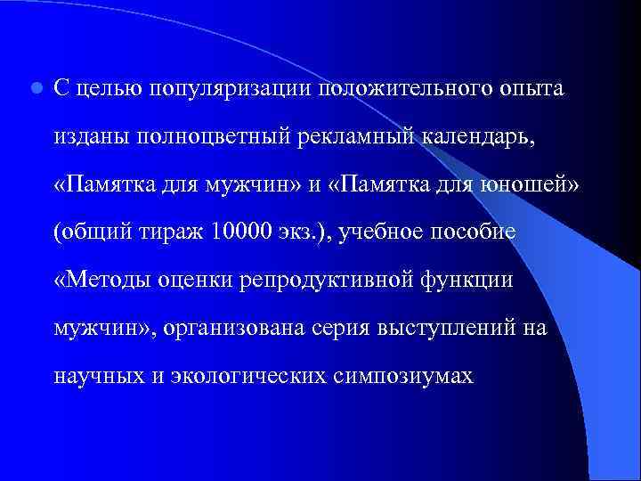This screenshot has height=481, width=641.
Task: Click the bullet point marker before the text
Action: point(35,89)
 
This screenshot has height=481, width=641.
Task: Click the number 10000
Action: point(245,232)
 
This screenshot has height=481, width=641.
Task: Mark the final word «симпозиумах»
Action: point(399,377)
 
